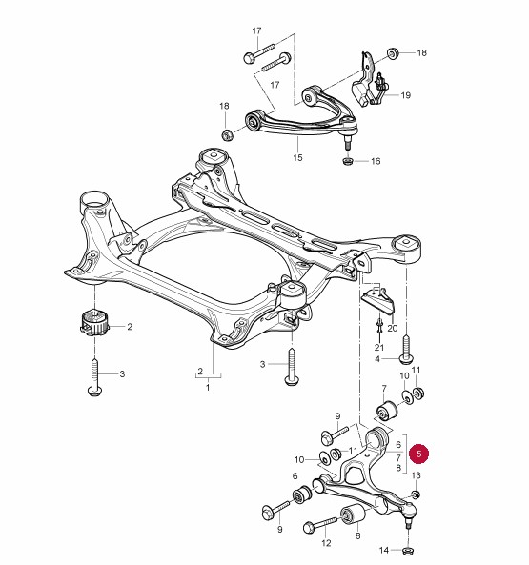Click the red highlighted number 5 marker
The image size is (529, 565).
tap(418, 454)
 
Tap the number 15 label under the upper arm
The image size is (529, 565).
tap(297, 157)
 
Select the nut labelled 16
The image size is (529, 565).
tap(347, 161)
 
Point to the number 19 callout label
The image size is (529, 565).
tap(406, 95)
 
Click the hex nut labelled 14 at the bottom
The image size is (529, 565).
tap(408, 551)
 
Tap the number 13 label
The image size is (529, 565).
tap(416, 475)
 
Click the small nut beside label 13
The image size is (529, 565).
tap(416, 494)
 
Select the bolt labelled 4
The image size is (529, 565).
tap(406, 349)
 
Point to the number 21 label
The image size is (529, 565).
tap(379, 348)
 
